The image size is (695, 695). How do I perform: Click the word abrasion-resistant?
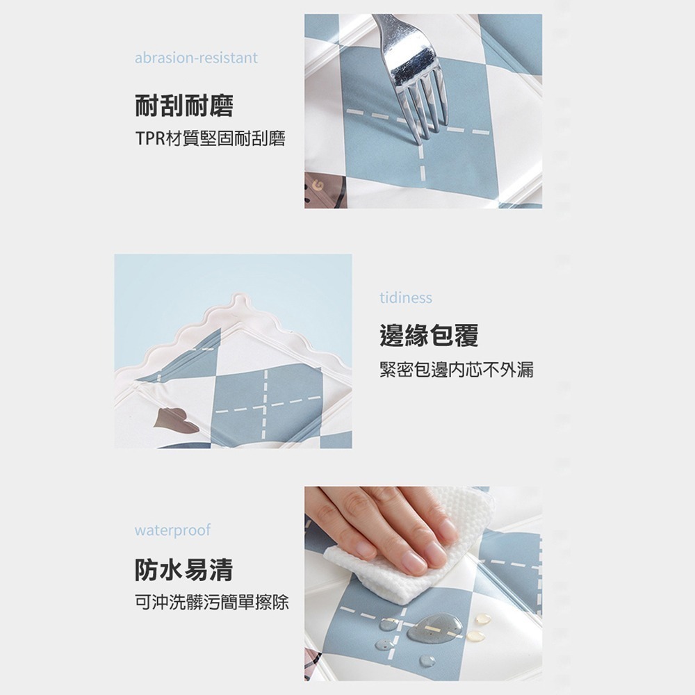click(x=196, y=58)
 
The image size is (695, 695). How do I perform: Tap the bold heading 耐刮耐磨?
click(x=183, y=106)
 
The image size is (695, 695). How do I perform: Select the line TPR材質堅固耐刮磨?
click(x=210, y=140)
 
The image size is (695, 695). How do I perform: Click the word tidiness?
click(x=406, y=298)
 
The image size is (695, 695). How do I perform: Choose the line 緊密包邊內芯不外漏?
click(x=456, y=370)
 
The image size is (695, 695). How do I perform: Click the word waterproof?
click(x=172, y=531)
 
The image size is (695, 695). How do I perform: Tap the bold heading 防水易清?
click(x=183, y=570)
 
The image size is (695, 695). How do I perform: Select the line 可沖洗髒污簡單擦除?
click(x=211, y=602)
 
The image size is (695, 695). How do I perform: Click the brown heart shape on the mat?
click(x=170, y=420)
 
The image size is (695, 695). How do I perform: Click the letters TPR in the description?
click(x=148, y=140)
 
